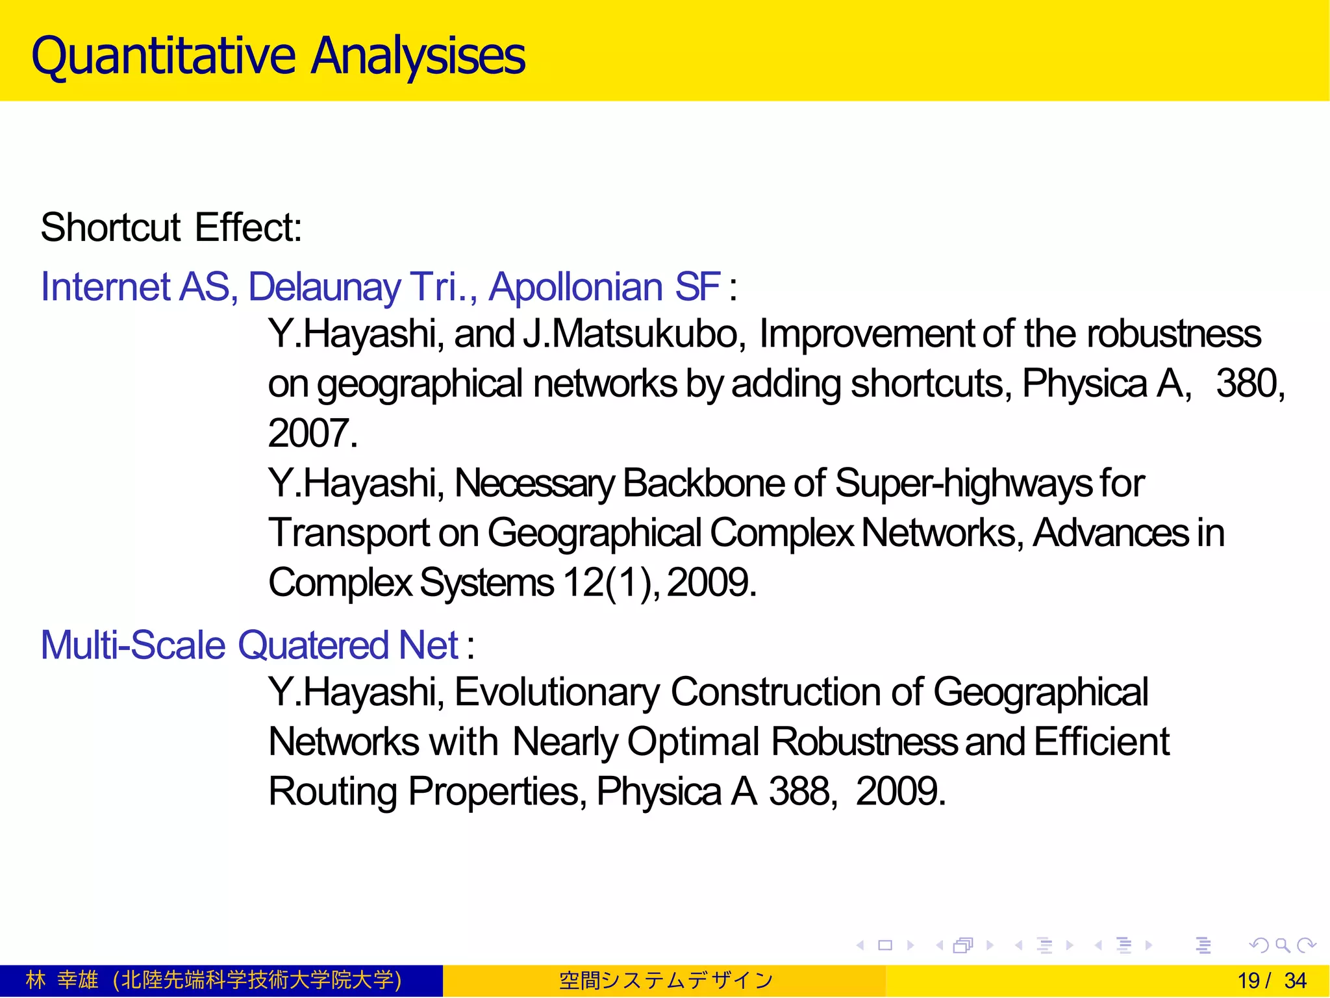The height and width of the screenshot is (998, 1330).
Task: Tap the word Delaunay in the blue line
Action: pos(325,287)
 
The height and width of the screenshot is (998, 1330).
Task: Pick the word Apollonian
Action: pos(575,287)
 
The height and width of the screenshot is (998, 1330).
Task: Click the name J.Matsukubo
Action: pos(634,334)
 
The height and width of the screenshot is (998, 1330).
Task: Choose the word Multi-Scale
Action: pos(132,645)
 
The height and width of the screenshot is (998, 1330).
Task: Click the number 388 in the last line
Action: pos(799,792)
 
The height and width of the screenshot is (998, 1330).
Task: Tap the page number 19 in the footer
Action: pos(1248,980)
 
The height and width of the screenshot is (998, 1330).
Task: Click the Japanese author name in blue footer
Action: pos(62,980)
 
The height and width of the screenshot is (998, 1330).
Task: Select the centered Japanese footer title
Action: pos(665,980)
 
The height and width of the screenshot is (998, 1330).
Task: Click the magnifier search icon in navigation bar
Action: pos(1282,945)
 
